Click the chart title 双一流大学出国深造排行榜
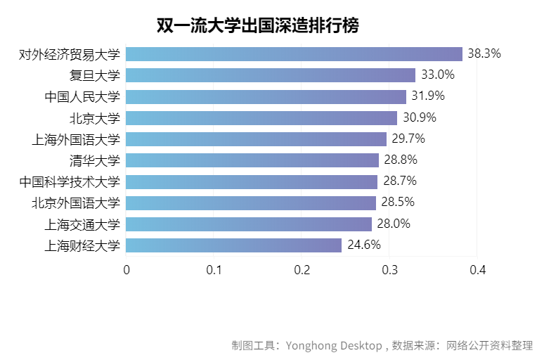click(257, 26)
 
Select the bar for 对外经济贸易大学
click(294, 54)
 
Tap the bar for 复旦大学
click(271, 75)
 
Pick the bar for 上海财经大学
click(234, 245)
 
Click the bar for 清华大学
click(253, 160)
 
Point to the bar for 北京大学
click(262, 117)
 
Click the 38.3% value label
click(484, 53)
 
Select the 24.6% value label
click(363, 245)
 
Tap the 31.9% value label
click(427, 96)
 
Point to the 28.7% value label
click(399, 181)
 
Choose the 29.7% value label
click(408, 139)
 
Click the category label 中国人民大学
click(82, 97)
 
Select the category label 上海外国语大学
click(76, 139)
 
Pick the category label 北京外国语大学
click(76, 203)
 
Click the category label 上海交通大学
click(82, 224)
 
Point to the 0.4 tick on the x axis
click(478, 270)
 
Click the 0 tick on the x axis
click(127, 270)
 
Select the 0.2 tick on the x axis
click(302, 270)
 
